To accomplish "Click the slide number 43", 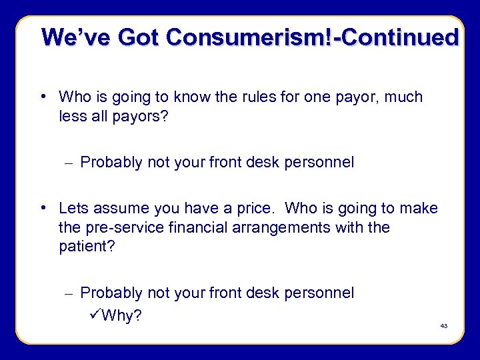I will pos(444,326).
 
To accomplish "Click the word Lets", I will pos(73,209).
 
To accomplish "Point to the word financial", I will pos(187,227).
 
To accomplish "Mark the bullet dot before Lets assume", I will pos(43,208).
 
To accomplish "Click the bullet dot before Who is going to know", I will pos(43,97).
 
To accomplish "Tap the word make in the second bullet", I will pos(421,209).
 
